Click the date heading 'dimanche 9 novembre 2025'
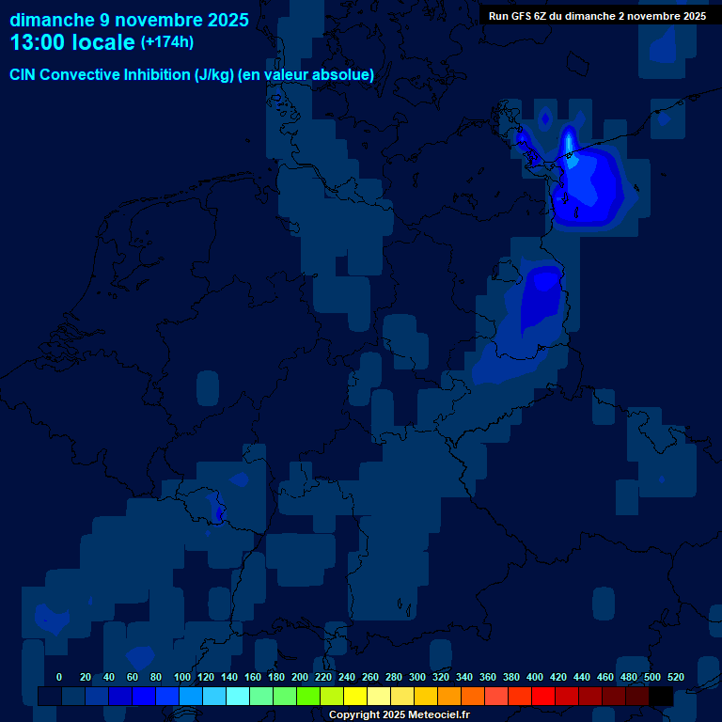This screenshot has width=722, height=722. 129,20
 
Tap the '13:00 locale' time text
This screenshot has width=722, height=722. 72,42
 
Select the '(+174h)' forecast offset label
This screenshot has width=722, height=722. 167,42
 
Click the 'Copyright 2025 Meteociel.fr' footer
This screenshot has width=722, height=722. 400,714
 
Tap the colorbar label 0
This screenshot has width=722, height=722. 59,677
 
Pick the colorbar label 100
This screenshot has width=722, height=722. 182,677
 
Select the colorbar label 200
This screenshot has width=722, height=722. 300,677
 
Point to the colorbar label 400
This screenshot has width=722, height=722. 535,677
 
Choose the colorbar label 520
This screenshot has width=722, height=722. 676,677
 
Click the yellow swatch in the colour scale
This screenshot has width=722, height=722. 355,696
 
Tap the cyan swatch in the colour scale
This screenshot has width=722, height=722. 238,696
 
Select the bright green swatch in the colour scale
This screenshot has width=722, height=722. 308,696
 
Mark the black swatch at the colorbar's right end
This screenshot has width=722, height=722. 661,696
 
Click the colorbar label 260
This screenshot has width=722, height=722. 370,677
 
